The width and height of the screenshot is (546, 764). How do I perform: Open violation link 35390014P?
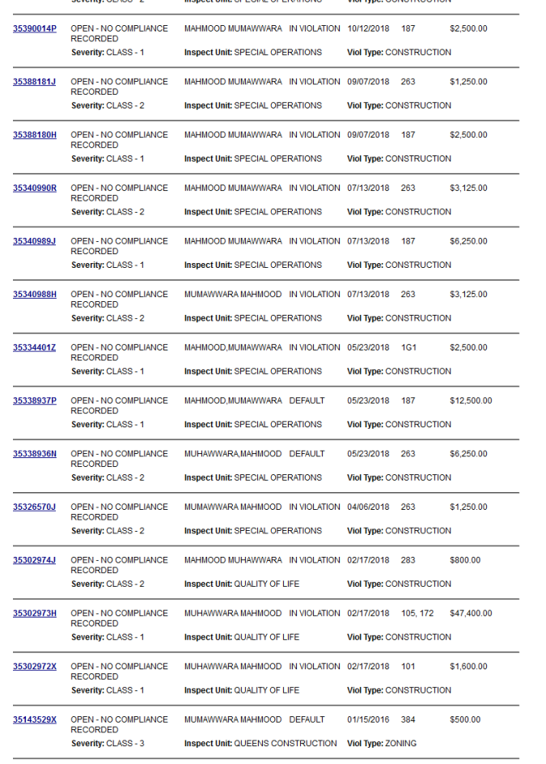[35, 28]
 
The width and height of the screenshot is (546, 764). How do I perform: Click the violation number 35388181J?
[35, 82]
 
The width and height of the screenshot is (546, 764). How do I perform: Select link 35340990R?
[35, 188]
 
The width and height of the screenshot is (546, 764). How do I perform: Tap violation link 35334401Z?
[35, 347]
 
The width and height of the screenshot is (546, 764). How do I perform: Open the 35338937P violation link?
[35, 401]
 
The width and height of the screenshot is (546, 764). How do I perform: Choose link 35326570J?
[35, 507]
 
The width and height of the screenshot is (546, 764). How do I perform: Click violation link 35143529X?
[35, 719]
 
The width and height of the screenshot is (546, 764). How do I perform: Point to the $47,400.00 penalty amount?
[471, 613]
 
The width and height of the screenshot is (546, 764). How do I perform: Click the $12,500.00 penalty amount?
[471, 401]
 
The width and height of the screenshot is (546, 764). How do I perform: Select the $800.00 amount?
[465, 560]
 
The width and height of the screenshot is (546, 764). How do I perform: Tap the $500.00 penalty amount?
[465, 719]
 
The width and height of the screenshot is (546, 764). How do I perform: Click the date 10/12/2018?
[368, 28]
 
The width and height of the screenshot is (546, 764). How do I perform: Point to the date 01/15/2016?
[368, 719]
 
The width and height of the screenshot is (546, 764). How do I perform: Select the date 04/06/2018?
[368, 507]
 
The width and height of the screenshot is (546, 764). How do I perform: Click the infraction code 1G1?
[408, 347]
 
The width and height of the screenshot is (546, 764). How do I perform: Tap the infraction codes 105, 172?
[417, 613]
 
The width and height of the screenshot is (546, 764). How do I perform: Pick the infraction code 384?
[408, 719]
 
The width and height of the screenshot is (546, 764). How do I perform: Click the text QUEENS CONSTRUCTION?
[286, 743]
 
